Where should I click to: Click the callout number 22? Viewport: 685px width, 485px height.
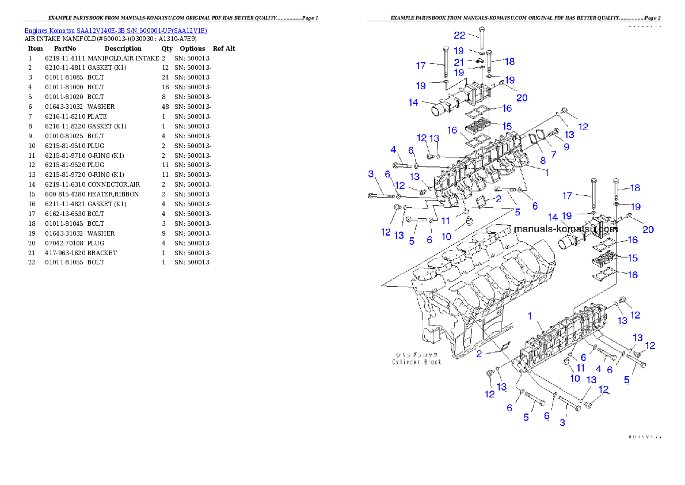point(459,35)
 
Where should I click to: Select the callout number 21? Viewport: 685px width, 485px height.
point(459,62)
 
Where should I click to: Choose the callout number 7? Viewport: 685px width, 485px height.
point(554,154)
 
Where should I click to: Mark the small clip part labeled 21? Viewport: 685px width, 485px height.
point(478,61)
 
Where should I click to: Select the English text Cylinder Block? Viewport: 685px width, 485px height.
point(417,362)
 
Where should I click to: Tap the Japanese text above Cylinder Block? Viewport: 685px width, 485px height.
point(417,354)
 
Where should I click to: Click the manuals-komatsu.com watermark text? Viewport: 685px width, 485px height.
point(565,229)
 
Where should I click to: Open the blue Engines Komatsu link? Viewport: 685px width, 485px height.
point(116,31)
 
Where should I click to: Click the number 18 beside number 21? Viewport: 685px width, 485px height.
point(509,62)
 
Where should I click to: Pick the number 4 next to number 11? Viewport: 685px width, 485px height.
point(598,369)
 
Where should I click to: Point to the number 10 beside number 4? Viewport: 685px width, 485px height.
point(574,378)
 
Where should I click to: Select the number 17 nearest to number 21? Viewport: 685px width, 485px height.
point(421,66)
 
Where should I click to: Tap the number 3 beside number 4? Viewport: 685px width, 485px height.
point(371,173)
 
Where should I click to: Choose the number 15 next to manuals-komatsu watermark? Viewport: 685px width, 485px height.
point(633,258)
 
